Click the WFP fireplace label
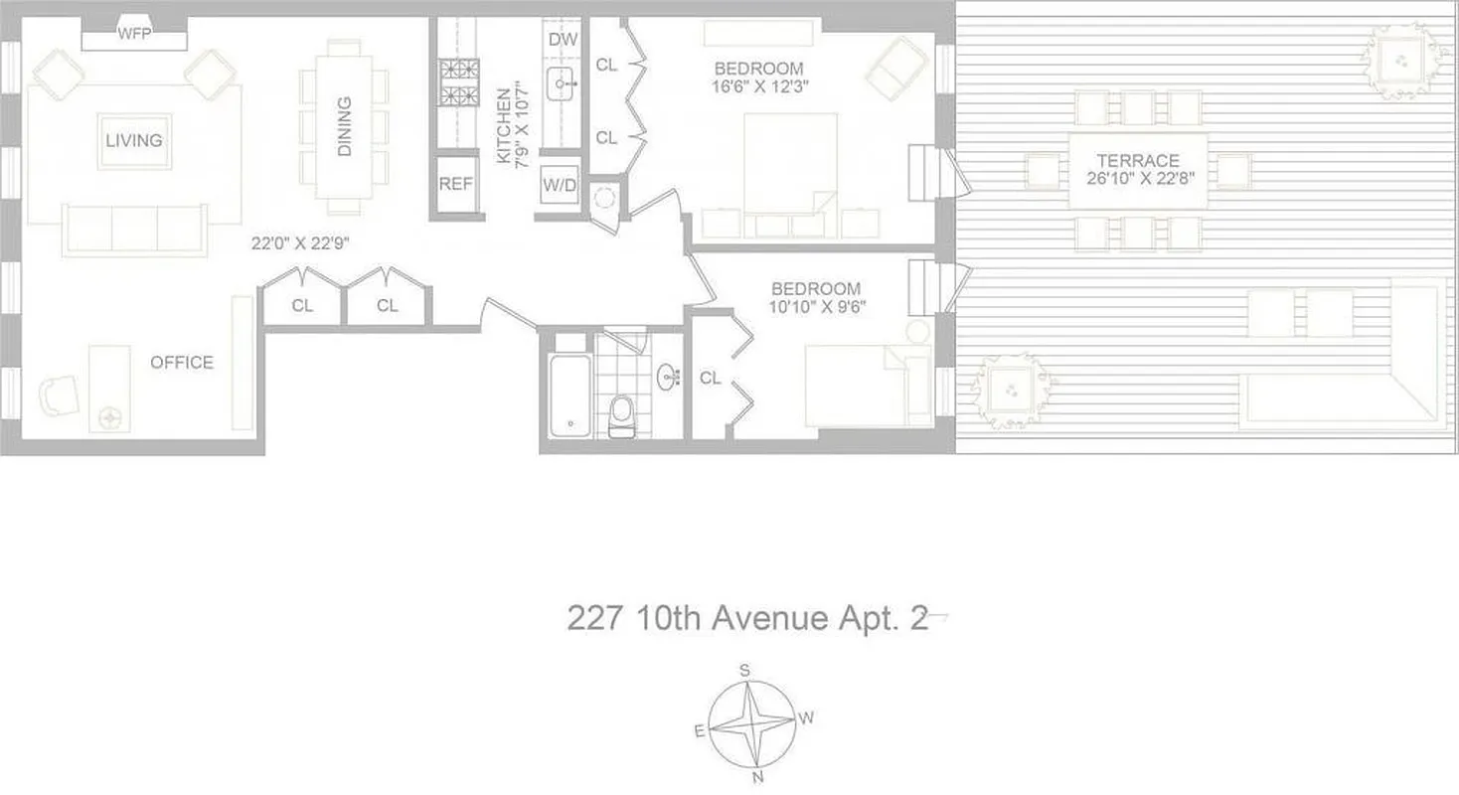pyautogui.click(x=134, y=34)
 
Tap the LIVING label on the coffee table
pyautogui.click(x=134, y=140)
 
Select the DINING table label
pyautogui.click(x=345, y=126)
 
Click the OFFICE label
pyautogui.click(x=182, y=363)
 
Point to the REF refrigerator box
pyautogui.click(x=456, y=184)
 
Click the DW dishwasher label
pyautogui.click(x=563, y=41)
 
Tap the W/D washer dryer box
pyautogui.click(x=560, y=184)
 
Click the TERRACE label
pyautogui.click(x=1138, y=161)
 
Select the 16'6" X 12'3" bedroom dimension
pyautogui.click(x=759, y=86)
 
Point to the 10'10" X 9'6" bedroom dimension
pyautogui.click(x=817, y=307)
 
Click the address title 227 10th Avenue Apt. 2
pyautogui.click(x=747, y=619)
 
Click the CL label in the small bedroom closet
pyautogui.click(x=710, y=378)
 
